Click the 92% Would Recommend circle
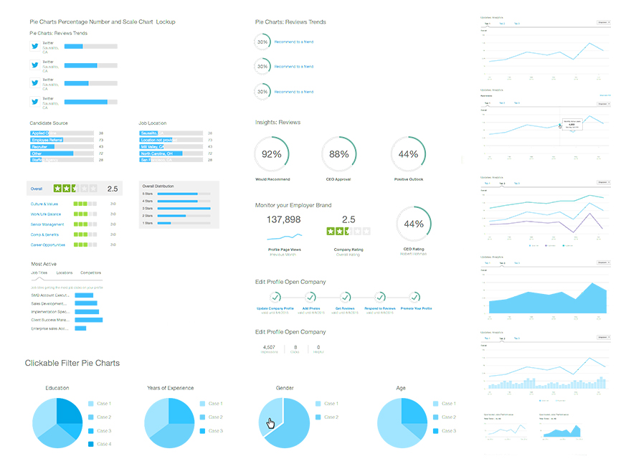click(x=272, y=154)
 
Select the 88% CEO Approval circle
click(x=339, y=154)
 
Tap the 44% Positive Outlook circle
click(x=408, y=154)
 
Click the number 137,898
click(x=284, y=219)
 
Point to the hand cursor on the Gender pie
click(x=271, y=423)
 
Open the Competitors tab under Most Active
click(x=91, y=273)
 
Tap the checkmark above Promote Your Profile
click(x=415, y=297)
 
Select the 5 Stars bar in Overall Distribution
click(x=177, y=194)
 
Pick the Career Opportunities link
click(x=48, y=245)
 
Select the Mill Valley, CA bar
click(x=158, y=147)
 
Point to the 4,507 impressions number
click(x=270, y=347)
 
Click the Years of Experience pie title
click(x=170, y=388)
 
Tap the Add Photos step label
click(x=310, y=308)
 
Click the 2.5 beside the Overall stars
click(x=112, y=189)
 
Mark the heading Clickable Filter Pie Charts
click(x=72, y=363)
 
